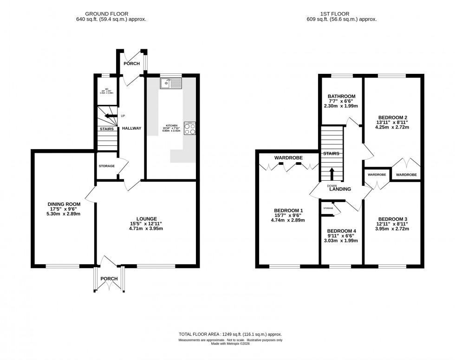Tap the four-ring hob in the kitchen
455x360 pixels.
click(190, 128)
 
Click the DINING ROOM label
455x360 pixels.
click(64, 204)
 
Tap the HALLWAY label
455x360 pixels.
click(131, 128)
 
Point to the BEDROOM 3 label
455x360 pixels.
click(393, 219)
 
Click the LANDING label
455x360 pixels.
click(340, 189)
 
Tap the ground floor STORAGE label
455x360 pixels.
click(107, 166)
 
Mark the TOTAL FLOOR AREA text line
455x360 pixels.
click(230, 334)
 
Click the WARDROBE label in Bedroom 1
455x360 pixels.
click(288, 158)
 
